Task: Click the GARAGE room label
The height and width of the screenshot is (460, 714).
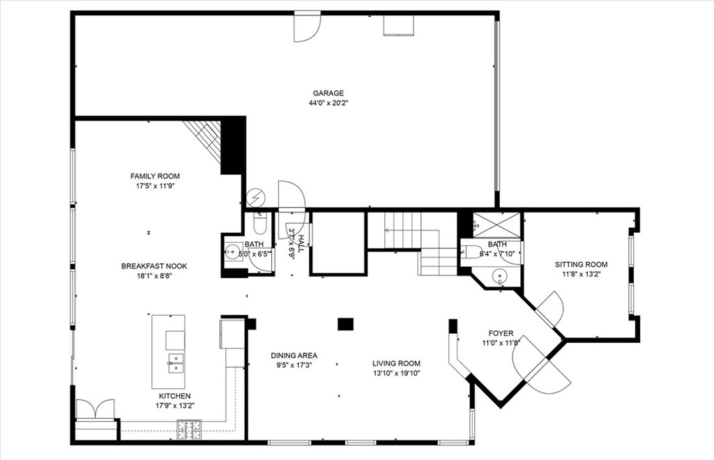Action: pyautogui.click(x=328, y=93)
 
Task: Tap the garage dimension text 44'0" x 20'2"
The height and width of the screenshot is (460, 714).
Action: pyautogui.click(x=328, y=103)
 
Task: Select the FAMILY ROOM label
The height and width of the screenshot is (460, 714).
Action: pyautogui.click(x=155, y=176)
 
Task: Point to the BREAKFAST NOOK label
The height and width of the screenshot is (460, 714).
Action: pyautogui.click(x=154, y=266)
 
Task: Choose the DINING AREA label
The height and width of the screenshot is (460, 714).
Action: pyautogui.click(x=294, y=355)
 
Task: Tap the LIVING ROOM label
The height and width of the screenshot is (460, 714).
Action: pyautogui.click(x=396, y=363)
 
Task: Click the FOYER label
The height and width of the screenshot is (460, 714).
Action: pyautogui.click(x=501, y=333)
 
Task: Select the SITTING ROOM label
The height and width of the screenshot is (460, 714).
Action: pyautogui.click(x=581, y=264)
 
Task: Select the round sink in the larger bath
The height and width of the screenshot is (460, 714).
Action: pyautogui.click(x=499, y=277)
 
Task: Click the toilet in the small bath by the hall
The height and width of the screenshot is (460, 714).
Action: pyautogui.click(x=259, y=224)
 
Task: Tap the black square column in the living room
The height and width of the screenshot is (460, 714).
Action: pyautogui.click(x=345, y=323)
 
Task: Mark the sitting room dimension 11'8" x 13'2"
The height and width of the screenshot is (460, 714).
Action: pyautogui.click(x=581, y=274)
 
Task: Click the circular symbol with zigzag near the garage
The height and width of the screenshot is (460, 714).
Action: pyautogui.click(x=256, y=198)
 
